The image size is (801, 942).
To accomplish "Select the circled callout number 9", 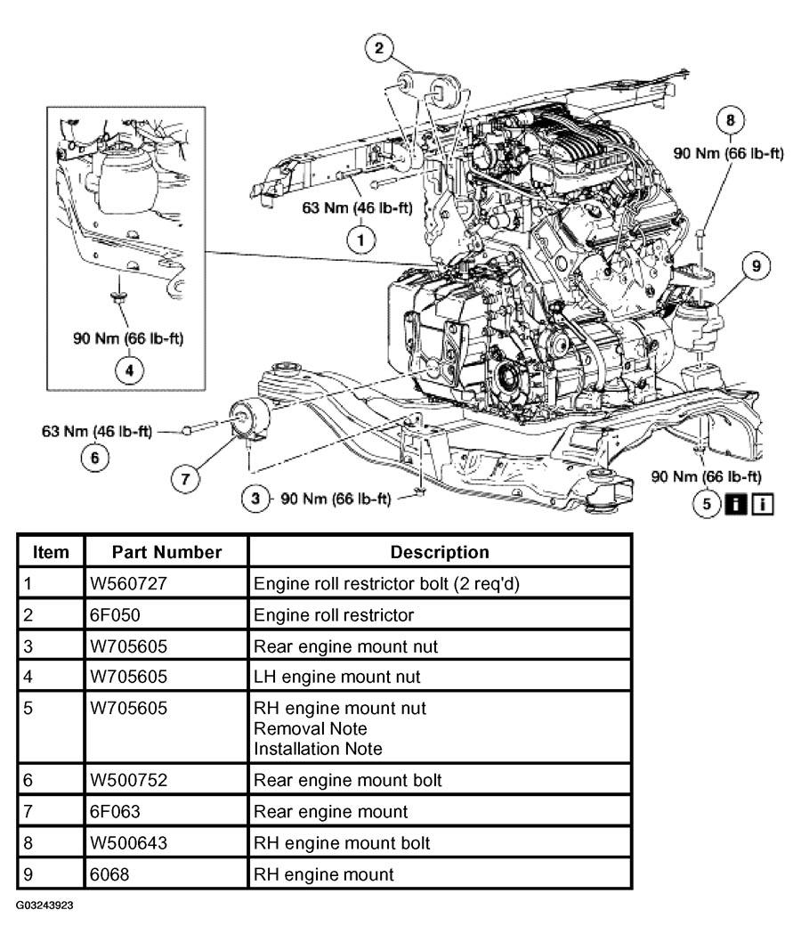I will click(755, 265).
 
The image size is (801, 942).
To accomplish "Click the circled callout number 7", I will click(185, 478).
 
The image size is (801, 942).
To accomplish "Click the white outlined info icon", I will click(762, 505).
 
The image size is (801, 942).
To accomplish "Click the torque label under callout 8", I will click(729, 154).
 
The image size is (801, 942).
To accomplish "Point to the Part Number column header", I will click(166, 552).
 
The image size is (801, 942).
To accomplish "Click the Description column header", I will click(440, 552).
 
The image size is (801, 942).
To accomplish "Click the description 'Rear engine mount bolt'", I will click(348, 780).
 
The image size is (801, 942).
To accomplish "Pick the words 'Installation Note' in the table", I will click(318, 749).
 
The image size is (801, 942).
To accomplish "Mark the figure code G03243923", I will click(45, 904).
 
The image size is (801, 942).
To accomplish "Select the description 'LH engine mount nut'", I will click(337, 677).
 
